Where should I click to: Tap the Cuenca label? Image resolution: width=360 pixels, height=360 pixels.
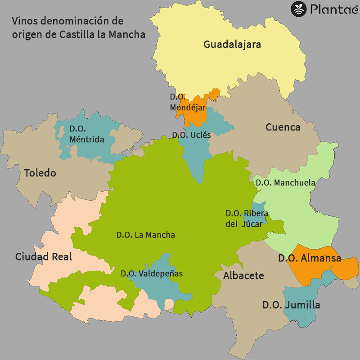tap(283, 127)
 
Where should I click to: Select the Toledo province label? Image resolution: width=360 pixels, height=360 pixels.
tap(40, 173)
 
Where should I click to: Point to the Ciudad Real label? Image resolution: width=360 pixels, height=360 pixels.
tap(44, 257)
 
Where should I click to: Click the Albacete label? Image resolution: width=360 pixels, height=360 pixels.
tap(243, 275)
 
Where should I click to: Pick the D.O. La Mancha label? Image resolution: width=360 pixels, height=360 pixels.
tap(145, 235)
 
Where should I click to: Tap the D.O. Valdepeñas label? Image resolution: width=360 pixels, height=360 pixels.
tap(152, 273)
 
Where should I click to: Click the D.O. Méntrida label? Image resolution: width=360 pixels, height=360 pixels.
tap(86, 134)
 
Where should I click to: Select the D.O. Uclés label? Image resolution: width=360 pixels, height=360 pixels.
tap(191, 135)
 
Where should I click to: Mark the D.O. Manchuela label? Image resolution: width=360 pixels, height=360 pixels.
tap(285, 183)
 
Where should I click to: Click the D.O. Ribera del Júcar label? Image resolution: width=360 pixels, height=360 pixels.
tap(244, 219)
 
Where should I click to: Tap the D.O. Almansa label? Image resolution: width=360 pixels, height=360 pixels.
tap(309, 258)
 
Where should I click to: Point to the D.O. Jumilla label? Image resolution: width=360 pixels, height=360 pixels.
tap(291, 305)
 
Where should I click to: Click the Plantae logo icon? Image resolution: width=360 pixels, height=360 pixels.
tap(298, 9)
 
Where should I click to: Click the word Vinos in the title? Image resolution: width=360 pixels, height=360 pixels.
tap(23, 21)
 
